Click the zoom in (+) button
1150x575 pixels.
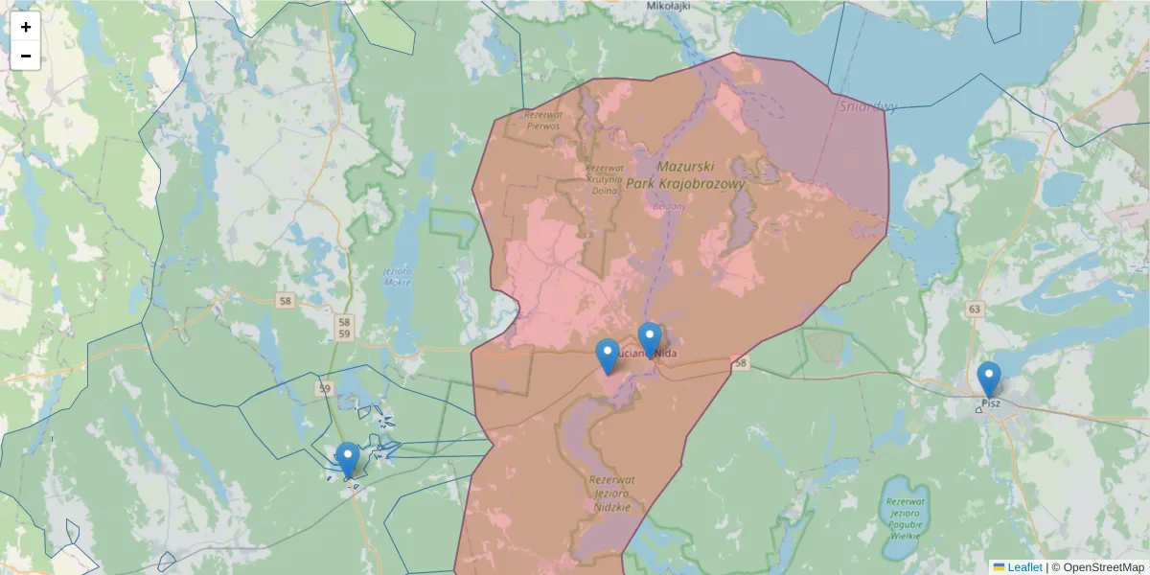[26, 27]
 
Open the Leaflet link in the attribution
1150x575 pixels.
[1023, 567]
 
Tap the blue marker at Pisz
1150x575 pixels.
[989, 380]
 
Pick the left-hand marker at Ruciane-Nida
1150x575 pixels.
[608, 357]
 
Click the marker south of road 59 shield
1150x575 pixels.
[348, 460]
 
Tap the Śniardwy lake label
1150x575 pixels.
[868, 106]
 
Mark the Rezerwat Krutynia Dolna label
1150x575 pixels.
[604, 178]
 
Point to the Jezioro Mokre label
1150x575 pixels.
[397, 276]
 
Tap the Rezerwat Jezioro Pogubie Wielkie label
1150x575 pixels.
[905, 517]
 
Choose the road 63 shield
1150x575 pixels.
[975, 309]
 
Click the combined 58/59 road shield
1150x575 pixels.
[344, 327]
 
